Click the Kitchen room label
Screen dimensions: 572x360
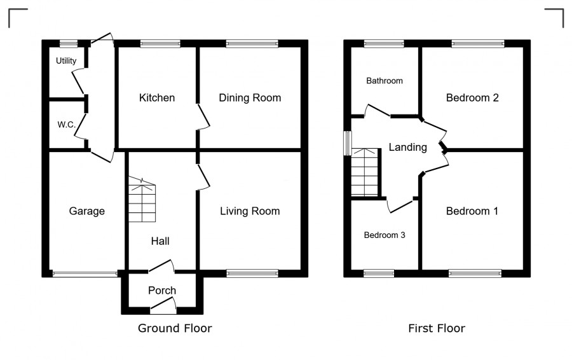pyautogui.click(x=157, y=98)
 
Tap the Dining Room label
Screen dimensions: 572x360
pyautogui.click(x=250, y=98)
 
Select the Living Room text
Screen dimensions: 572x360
pyautogui.click(x=250, y=211)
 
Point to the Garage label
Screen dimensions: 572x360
pyautogui.click(x=87, y=211)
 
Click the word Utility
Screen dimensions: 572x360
pyautogui.click(x=66, y=60)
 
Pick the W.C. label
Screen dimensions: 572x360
pyautogui.click(x=66, y=125)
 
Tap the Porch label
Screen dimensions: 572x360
pyautogui.click(x=162, y=290)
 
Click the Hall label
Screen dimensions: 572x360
pyautogui.click(x=160, y=241)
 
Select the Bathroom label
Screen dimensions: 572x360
pyautogui.click(x=385, y=81)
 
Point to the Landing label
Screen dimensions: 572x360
pyautogui.click(x=408, y=147)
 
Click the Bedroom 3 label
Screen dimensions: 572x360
pyautogui.click(x=385, y=235)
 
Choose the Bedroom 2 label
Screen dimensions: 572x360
pyautogui.click(x=472, y=98)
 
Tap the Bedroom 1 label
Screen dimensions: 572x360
pyautogui.click(x=472, y=211)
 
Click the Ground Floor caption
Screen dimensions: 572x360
pyautogui.click(x=175, y=328)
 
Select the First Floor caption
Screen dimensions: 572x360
pyautogui.click(x=437, y=328)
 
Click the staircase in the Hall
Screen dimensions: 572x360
pyautogui.click(x=142, y=200)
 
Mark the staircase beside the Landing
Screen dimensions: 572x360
pyautogui.click(x=365, y=172)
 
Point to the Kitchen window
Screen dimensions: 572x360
pyautogui.click(x=160, y=44)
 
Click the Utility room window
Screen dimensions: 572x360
pyautogui.click(x=69, y=44)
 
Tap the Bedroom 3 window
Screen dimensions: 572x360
pyautogui.click(x=379, y=273)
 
